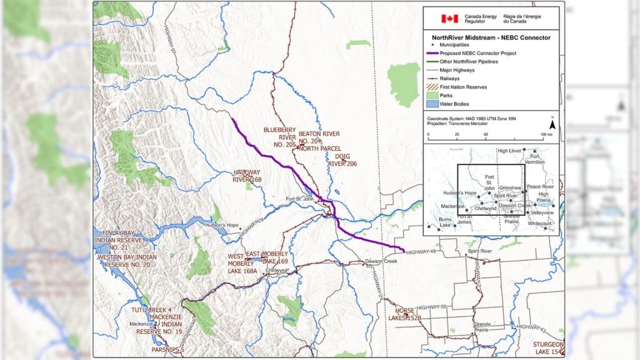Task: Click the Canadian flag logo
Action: click(449, 19)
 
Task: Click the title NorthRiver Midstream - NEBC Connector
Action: click(487, 37)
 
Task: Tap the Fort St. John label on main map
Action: click(299, 199)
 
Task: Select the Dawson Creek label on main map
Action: click(382, 261)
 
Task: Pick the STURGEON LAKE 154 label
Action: click(549, 348)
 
